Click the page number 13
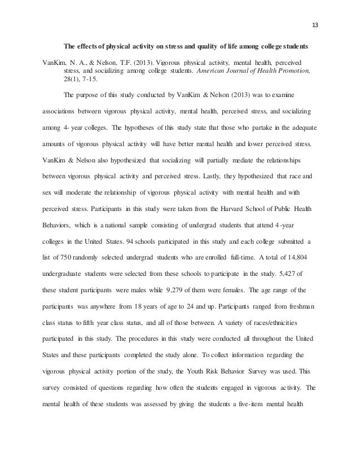coord(315,25)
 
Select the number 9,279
coord(169,291)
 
